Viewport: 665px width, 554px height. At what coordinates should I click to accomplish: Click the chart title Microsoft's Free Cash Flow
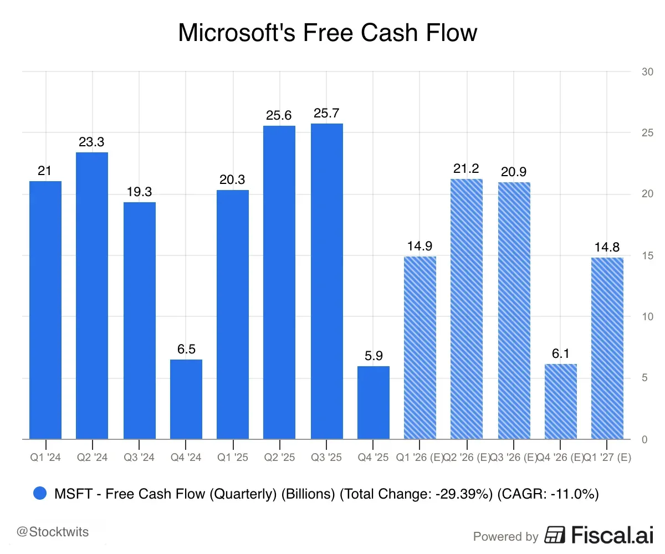pos(327,33)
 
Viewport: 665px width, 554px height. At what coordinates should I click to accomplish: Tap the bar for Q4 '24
pos(186,399)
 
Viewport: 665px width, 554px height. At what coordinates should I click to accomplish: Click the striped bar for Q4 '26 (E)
pos(561,402)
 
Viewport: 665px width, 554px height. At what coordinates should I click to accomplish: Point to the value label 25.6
pos(279,116)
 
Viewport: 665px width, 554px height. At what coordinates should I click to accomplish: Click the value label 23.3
pos(92,142)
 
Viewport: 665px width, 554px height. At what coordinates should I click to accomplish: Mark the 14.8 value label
pos(607,248)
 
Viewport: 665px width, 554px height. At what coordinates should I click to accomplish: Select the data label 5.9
pos(374,356)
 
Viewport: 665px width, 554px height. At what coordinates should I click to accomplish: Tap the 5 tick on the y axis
pos(644,378)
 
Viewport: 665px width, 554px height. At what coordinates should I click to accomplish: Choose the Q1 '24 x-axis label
pos(45,457)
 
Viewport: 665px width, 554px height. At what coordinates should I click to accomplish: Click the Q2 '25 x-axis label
pos(279,457)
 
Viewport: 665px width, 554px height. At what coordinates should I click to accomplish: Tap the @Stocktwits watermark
pos(53,532)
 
